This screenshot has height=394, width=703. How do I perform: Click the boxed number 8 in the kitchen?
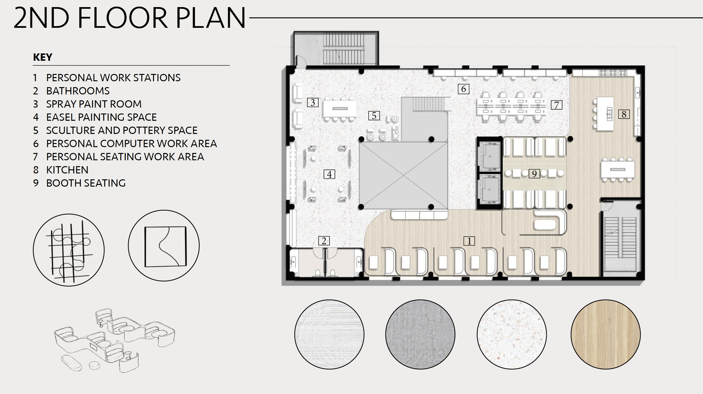[x=624, y=114]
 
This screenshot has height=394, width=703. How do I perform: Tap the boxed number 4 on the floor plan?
[x=329, y=174]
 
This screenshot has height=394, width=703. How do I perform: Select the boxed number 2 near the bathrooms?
[x=324, y=241]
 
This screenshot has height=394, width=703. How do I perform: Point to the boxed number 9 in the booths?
[x=534, y=174]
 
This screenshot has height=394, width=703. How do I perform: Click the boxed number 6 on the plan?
[x=463, y=89]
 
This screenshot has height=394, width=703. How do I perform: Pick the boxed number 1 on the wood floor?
[x=469, y=241]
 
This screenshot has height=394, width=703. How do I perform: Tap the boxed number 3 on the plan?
[x=313, y=102]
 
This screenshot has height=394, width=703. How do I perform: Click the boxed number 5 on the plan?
[x=374, y=116]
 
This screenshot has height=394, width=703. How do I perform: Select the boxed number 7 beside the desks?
[x=556, y=105]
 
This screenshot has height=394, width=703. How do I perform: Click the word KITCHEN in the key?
[x=67, y=170]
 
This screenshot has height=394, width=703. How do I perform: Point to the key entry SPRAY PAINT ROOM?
[x=94, y=104]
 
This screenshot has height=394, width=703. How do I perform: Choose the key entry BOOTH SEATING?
[x=86, y=183]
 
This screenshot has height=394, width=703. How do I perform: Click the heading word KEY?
[x=43, y=57]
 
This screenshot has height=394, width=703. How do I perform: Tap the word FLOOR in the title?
[x=123, y=18]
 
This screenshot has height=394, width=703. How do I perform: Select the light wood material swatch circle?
[x=606, y=334]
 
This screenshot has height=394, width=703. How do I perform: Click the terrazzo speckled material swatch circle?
[x=512, y=334]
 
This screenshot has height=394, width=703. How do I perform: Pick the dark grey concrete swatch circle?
[x=420, y=334]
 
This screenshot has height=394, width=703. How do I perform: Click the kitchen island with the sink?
[x=605, y=114]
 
